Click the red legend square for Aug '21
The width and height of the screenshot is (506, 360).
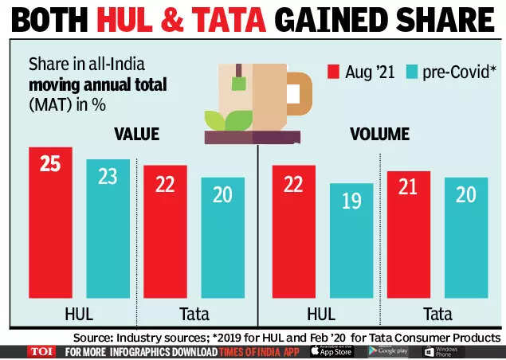point(333,72)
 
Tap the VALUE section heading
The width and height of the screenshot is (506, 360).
point(136,133)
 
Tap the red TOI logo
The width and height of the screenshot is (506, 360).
point(41,351)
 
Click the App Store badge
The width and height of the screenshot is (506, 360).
point(331,351)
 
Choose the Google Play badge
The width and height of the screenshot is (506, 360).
point(389,351)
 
